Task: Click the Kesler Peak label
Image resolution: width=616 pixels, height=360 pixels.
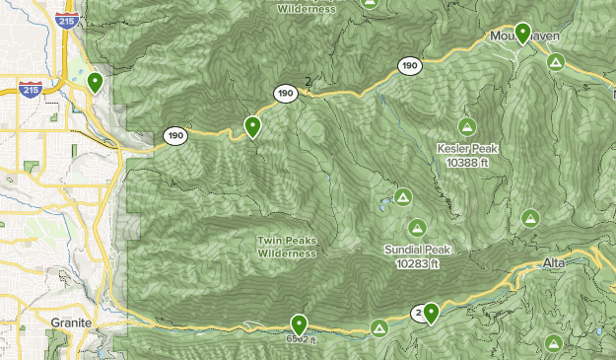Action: click(x=467, y=149)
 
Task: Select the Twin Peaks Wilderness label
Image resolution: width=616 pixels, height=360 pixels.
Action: click(x=287, y=247)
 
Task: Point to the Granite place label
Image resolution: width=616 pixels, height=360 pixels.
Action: click(x=72, y=323)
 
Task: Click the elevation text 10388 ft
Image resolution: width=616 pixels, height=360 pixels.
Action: click(x=467, y=161)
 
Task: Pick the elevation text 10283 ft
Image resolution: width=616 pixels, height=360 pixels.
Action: click(x=418, y=263)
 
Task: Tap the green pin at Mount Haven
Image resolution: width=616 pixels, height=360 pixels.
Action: click(x=522, y=33)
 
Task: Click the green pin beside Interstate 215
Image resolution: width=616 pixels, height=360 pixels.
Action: click(x=95, y=82)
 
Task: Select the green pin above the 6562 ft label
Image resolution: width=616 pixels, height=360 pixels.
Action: click(x=299, y=324)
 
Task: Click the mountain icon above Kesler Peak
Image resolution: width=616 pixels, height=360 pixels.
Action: click(x=466, y=127)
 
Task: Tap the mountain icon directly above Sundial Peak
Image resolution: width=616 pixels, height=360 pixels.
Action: click(x=417, y=228)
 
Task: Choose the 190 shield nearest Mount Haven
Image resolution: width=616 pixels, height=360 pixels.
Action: click(x=409, y=66)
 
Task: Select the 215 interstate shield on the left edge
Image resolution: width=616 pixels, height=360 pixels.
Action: click(x=29, y=90)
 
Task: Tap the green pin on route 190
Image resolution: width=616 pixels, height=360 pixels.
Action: click(x=252, y=125)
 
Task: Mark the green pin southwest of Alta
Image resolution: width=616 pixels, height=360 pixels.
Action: click(x=431, y=313)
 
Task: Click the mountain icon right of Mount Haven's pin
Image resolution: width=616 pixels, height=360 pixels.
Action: click(x=556, y=62)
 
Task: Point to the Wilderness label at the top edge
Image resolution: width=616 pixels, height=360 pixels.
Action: click(x=307, y=9)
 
